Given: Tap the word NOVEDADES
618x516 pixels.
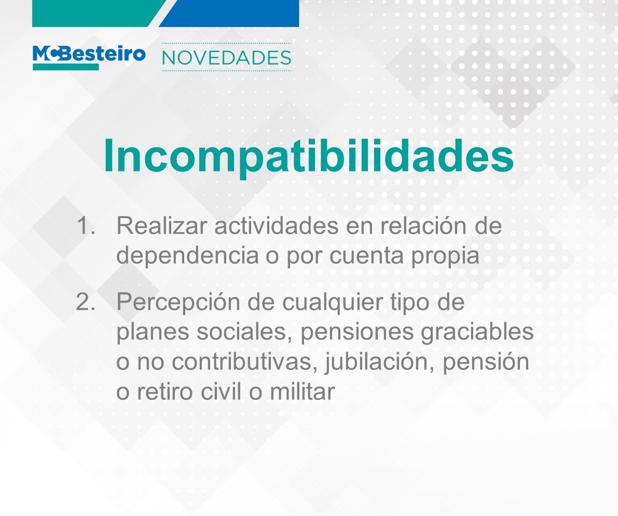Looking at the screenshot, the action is tap(227, 58).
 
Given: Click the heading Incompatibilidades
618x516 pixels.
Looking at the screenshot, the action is tap(309, 156).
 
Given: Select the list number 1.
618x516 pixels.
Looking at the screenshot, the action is tap(86, 226).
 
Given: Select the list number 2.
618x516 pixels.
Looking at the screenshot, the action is tap(86, 302).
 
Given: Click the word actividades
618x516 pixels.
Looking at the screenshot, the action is tap(277, 226).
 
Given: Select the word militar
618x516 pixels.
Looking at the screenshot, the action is tap(303, 392).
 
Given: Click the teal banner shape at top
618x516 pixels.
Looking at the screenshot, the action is tap(97, 13).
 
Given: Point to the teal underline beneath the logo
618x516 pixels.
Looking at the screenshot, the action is tap(65, 67).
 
